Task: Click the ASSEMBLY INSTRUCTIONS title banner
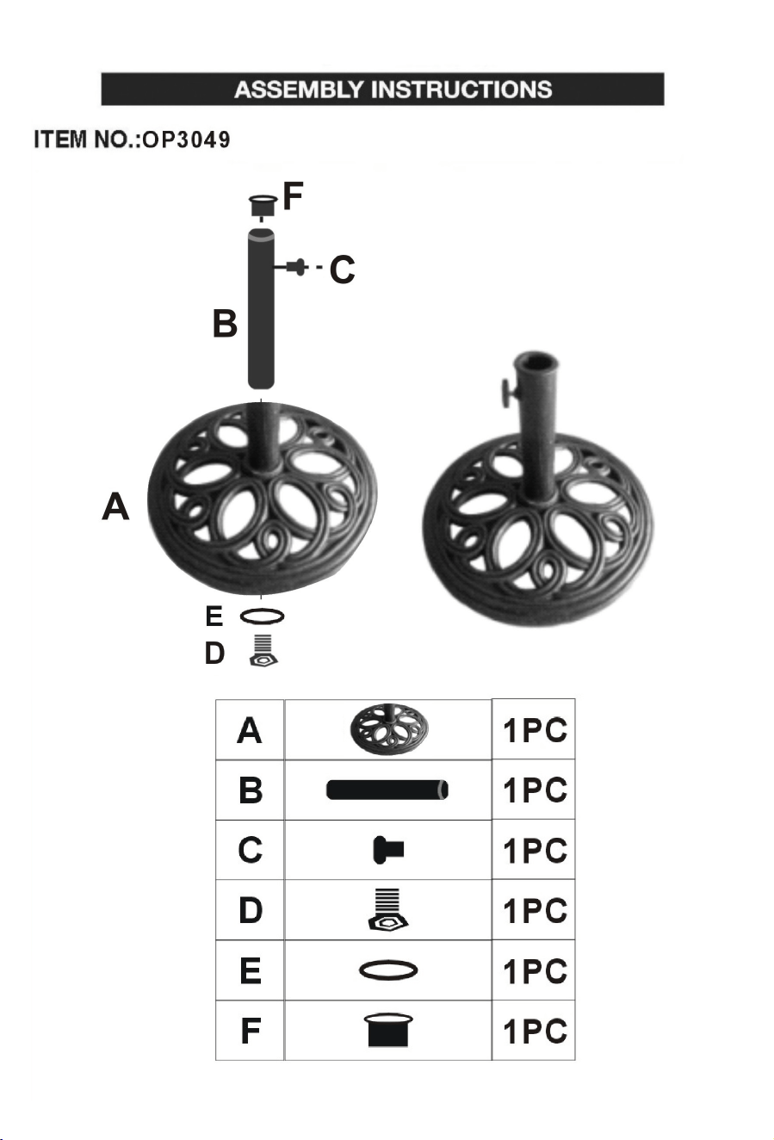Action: [x=382, y=89]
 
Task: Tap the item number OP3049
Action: [x=186, y=139]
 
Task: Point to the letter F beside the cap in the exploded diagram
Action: [x=293, y=196]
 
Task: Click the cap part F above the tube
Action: [x=263, y=206]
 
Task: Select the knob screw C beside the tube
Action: [x=297, y=267]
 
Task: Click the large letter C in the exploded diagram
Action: [x=342, y=270]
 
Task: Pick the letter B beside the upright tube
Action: [x=225, y=324]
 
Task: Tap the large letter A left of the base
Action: [x=115, y=506]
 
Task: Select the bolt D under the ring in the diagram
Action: [x=263, y=651]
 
